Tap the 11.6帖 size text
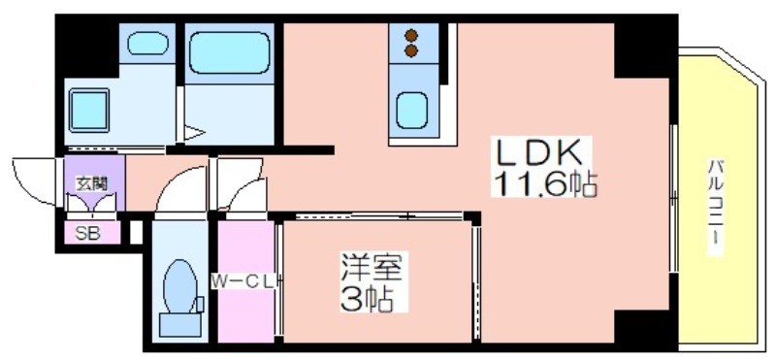(544, 182)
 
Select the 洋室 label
(374, 268)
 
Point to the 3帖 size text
(368, 298)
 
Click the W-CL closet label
(243, 282)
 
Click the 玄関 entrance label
(91, 184)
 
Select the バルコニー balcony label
(717, 207)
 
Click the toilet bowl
(180, 286)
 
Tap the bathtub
(230, 53)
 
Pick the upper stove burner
(411, 35)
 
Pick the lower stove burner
(411, 50)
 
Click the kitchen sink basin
(411, 110)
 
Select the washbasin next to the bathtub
(147, 43)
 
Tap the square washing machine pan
(89, 111)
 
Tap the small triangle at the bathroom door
(194, 133)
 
